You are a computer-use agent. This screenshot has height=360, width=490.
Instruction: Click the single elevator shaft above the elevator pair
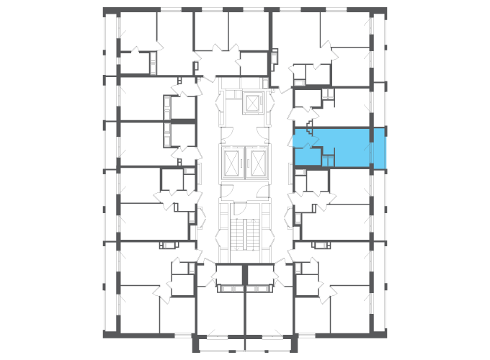[x=252, y=104]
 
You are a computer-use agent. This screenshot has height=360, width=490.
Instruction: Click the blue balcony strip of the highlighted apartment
[x=380, y=150]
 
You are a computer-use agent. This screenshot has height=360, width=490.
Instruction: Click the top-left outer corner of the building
[x=104, y=9]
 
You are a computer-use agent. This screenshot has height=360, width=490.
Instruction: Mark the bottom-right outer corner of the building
[x=387, y=337]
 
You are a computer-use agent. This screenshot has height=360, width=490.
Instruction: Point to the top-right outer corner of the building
[x=387, y=9]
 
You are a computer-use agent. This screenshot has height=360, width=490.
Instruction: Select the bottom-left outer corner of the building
[x=104, y=337]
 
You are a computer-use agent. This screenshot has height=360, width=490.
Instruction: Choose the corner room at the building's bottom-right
[x=353, y=310]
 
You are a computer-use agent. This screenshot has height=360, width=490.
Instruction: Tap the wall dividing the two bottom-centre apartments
[x=245, y=310]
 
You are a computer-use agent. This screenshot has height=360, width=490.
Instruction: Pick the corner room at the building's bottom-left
[x=137, y=310]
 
